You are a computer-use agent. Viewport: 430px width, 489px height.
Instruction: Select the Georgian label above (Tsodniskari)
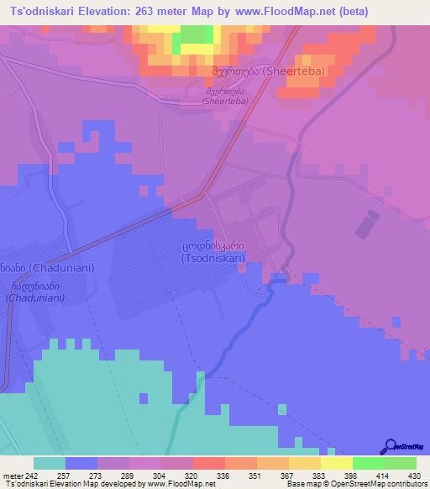tap(213, 247)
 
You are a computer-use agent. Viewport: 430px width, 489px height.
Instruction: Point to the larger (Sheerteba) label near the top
tap(268, 72)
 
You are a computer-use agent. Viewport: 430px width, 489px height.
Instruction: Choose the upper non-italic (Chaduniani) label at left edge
tap(39, 268)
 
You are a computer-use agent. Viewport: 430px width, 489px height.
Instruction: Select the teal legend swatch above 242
tap(50, 463)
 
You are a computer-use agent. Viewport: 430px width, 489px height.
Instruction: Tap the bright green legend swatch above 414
tap(368, 463)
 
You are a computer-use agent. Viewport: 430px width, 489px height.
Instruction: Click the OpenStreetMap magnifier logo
tap(390, 447)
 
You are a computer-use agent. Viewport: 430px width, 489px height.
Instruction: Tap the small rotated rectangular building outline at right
tap(367, 225)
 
